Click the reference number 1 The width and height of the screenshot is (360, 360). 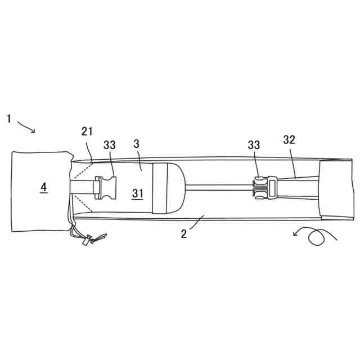(x=9, y=119)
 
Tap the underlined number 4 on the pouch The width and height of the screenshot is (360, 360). (x=43, y=187)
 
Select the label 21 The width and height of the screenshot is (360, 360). (x=87, y=132)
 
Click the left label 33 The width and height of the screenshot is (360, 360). (x=110, y=145)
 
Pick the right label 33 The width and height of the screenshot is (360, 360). (x=254, y=145)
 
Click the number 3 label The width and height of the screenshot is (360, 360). (x=136, y=143)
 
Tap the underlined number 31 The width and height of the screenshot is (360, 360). (x=138, y=193)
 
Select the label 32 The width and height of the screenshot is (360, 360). (x=289, y=139)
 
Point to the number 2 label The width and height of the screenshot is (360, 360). (x=183, y=233)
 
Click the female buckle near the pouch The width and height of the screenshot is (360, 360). (x=106, y=187)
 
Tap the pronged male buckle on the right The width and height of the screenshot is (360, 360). (x=260, y=187)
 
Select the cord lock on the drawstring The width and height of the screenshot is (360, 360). (x=88, y=241)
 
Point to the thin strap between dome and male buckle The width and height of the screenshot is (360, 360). (x=219, y=186)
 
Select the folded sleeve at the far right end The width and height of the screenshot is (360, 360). (x=336, y=189)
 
